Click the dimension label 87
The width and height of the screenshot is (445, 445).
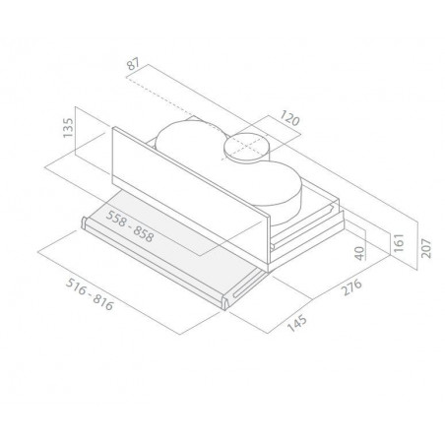(x=134, y=64)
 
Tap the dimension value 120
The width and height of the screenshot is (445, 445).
(x=289, y=118)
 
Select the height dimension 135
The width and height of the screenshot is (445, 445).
(x=68, y=128)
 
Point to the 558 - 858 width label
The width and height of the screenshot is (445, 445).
(x=130, y=226)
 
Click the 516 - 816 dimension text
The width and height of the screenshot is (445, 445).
(x=90, y=294)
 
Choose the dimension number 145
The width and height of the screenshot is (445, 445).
(x=297, y=324)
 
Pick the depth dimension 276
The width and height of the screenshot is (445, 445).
(x=351, y=287)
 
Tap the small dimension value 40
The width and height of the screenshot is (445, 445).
(x=360, y=253)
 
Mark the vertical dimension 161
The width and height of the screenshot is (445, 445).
(x=399, y=243)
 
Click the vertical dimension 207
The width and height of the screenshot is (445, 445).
(x=426, y=248)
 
